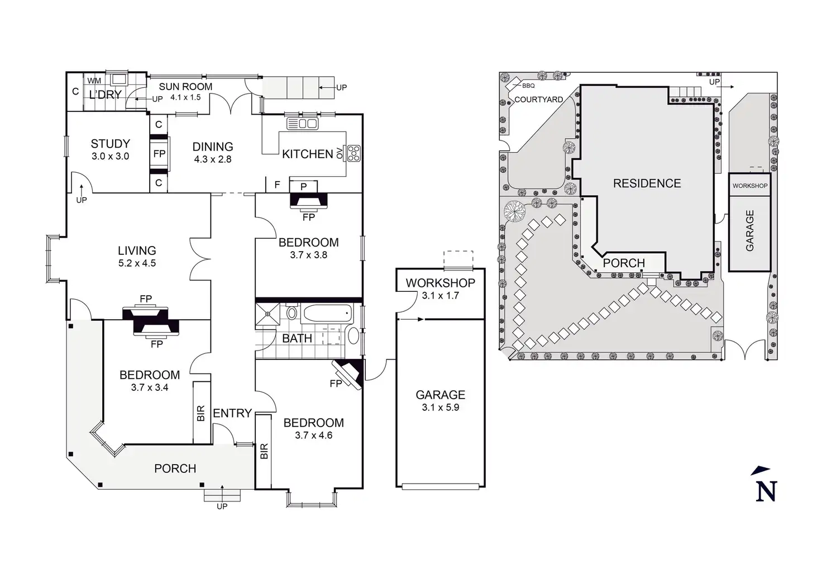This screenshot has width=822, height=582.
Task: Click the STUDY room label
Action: pos(111,143)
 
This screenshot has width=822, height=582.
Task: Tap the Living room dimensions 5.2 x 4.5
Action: pos(137,263)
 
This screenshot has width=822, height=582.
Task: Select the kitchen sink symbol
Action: pos(302,124)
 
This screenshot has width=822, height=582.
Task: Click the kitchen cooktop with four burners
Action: pos(354,153)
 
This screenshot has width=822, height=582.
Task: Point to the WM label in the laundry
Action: pos(94,81)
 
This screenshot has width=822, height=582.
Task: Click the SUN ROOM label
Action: pos(186,87)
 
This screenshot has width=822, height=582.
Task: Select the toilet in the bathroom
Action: pos(291,312)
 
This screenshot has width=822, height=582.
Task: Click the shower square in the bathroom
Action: pos(267,314)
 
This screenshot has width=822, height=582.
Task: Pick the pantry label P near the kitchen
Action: pos(303,187)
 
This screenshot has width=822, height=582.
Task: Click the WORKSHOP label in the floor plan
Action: pos(441,283)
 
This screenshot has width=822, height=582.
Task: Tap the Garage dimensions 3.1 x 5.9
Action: pos(441,407)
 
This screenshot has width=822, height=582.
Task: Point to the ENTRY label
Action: pos(232,413)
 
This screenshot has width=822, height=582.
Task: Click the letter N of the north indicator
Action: pos(766,491)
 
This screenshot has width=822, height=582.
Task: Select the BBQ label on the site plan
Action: pos(528,86)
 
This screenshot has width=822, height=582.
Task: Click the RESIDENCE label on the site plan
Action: pos(647,183)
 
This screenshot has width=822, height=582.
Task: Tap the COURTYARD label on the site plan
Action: pos(539,100)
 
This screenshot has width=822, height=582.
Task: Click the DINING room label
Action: pos(213,146)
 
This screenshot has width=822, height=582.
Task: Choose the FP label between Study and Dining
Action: pos(159,154)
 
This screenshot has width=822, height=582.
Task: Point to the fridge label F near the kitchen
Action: pos(278,185)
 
